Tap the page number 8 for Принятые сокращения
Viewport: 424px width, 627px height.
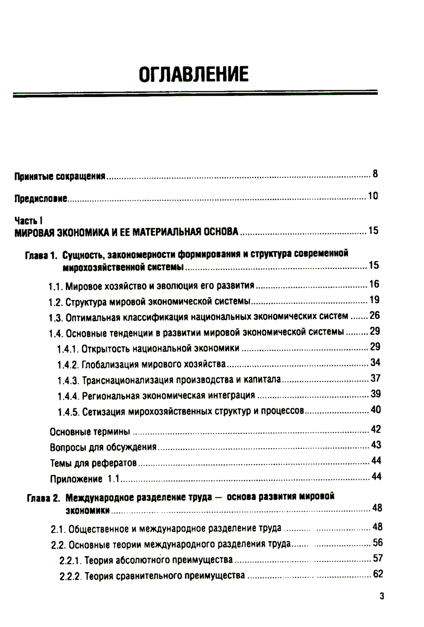(x=375, y=173)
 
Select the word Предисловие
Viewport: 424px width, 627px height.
(x=41, y=198)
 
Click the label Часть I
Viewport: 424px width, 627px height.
(x=29, y=220)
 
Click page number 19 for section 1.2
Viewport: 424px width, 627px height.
(x=374, y=300)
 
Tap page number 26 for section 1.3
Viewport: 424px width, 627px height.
(x=375, y=315)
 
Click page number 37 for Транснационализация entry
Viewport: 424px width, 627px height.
(x=375, y=378)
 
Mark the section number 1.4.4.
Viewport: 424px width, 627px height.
(x=68, y=396)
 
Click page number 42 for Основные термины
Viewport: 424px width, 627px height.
(x=376, y=429)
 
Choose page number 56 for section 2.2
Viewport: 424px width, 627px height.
(x=377, y=542)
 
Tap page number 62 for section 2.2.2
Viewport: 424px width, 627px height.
(x=378, y=574)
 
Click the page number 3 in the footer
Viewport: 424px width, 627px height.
(x=382, y=596)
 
